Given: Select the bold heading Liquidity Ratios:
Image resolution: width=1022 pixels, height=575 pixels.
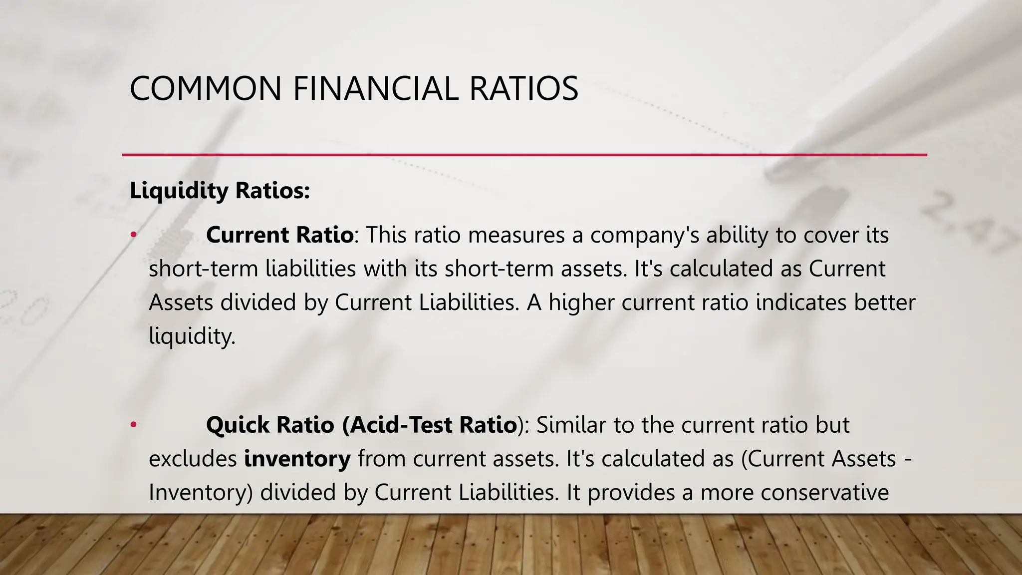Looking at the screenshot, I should pos(220,191).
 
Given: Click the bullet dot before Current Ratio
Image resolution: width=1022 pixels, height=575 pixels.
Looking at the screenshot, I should pos(133,235).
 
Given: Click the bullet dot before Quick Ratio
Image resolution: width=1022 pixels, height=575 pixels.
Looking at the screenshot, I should pos(133,425).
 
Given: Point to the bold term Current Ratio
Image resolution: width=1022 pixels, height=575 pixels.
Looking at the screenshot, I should pos(279,235).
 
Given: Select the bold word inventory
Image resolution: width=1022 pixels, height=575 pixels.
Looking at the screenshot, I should pos(297,459).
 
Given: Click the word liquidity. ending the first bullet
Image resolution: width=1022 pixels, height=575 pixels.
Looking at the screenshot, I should pos(192,336).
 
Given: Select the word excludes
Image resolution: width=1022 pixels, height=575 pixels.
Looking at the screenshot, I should pos(193,459).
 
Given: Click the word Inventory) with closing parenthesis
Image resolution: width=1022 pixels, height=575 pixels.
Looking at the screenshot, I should pos(201,493).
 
